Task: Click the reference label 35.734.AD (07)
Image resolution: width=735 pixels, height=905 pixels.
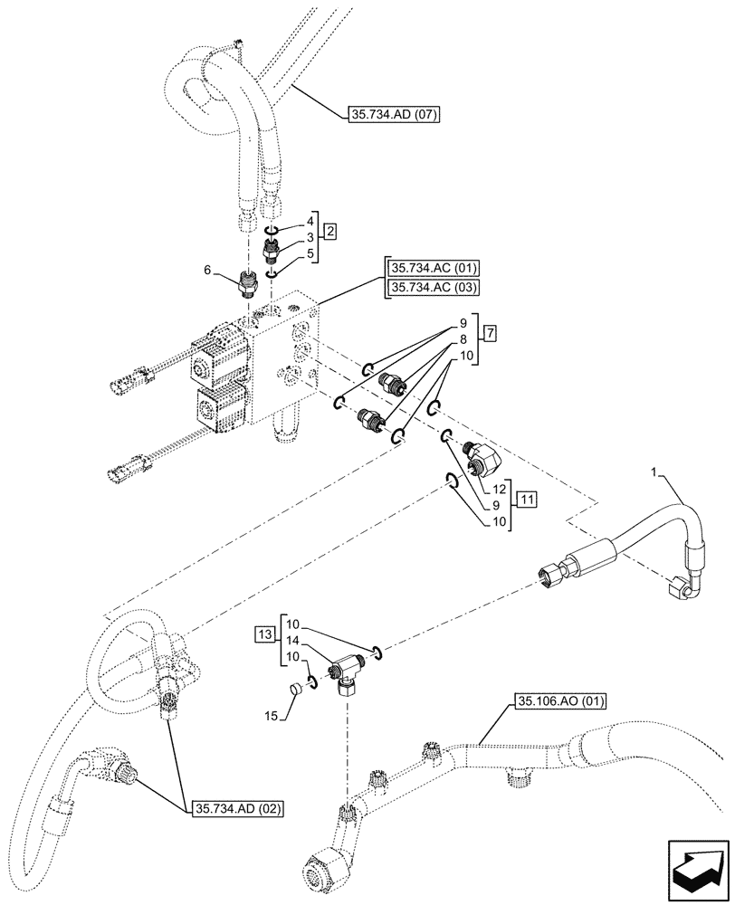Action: coord(393,115)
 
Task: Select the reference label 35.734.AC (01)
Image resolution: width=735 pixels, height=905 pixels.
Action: coord(434,269)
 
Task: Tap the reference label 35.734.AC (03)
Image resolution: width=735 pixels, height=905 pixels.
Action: coord(434,288)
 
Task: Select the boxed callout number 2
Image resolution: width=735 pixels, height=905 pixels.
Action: coord(330,233)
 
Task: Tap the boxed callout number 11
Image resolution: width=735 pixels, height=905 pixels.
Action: coord(527,499)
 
